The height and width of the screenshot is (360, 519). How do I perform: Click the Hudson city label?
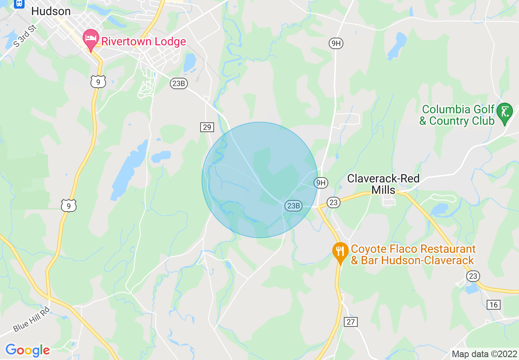(51, 11)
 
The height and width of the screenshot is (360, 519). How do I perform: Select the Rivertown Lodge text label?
(143, 41)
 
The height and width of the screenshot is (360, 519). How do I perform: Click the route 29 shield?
(207, 127)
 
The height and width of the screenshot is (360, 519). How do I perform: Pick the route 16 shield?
(494, 304)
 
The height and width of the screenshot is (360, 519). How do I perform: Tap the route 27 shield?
(351, 322)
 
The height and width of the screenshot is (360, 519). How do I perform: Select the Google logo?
(27, 350)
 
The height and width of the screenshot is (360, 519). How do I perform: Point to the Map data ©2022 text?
(483, 353)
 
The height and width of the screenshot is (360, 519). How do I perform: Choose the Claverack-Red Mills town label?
(383, 184)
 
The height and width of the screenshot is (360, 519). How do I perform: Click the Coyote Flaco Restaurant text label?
(413, 254)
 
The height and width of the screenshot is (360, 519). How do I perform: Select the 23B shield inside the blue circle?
(293, 206)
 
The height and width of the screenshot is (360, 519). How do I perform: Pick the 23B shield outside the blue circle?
(179, 83)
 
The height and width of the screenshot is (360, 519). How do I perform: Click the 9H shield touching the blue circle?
(321, 183)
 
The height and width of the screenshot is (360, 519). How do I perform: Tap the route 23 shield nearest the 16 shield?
(473, 276)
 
